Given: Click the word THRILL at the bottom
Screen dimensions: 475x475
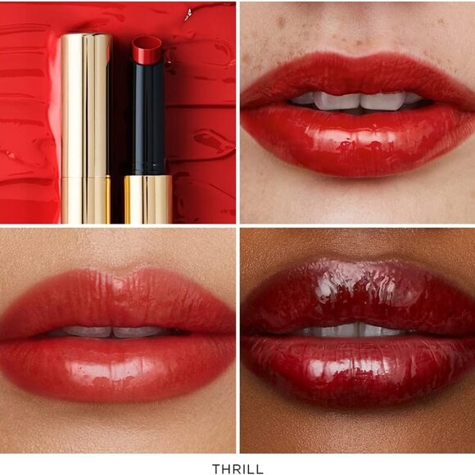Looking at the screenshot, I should point(237,469).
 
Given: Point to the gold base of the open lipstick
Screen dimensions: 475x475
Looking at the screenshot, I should point(147,199).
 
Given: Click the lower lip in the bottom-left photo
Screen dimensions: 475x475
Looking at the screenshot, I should point(119,364).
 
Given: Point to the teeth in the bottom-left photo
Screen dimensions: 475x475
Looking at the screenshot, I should point(115,332).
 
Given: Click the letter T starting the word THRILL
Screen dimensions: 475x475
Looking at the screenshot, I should point(215,469).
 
